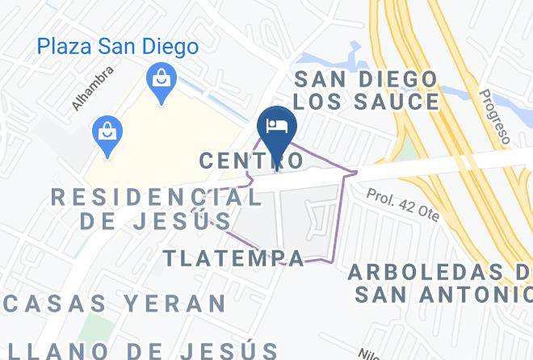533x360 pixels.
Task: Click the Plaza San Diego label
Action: [118, 47]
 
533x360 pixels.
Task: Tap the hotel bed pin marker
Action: [276, 125]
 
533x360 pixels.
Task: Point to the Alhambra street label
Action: [93, 88]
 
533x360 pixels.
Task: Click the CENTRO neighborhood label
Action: [251, 161]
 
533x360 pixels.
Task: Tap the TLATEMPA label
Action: [234, 258]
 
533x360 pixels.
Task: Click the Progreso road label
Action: [493, 118]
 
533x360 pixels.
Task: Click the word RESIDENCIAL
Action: [156, 196]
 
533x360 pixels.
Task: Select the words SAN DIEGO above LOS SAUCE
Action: [365, 79]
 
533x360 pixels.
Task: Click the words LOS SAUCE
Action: [367, 102]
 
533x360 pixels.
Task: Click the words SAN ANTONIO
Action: [444, 295]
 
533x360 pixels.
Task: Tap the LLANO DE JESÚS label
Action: [142, 350]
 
